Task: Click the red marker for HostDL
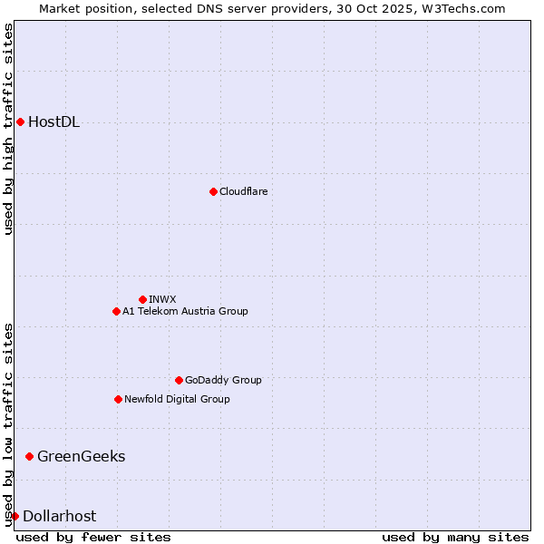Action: point(20,121)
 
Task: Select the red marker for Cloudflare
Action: point(213,191)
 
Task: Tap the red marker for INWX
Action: point(142,299)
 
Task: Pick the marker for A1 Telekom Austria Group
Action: point(116,311)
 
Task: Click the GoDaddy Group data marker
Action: point(179,380)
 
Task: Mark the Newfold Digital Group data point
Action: point(118,399)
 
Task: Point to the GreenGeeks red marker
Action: point(29,456)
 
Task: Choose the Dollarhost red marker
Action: point(15,516)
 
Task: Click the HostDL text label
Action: point(54,122)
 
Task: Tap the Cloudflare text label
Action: point(244,191)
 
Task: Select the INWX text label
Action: point(163,299)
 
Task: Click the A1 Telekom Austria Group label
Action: point(185,311)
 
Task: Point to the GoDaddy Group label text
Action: point(223,380)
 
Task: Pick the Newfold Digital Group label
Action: point(177,399)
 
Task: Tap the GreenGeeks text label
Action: point(81,456)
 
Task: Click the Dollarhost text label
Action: point(59,516)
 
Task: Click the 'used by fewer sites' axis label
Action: point(93,537)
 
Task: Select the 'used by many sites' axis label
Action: point(455,537)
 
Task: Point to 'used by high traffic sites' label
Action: point(9,129)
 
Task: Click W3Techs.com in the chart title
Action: point(462,8)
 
